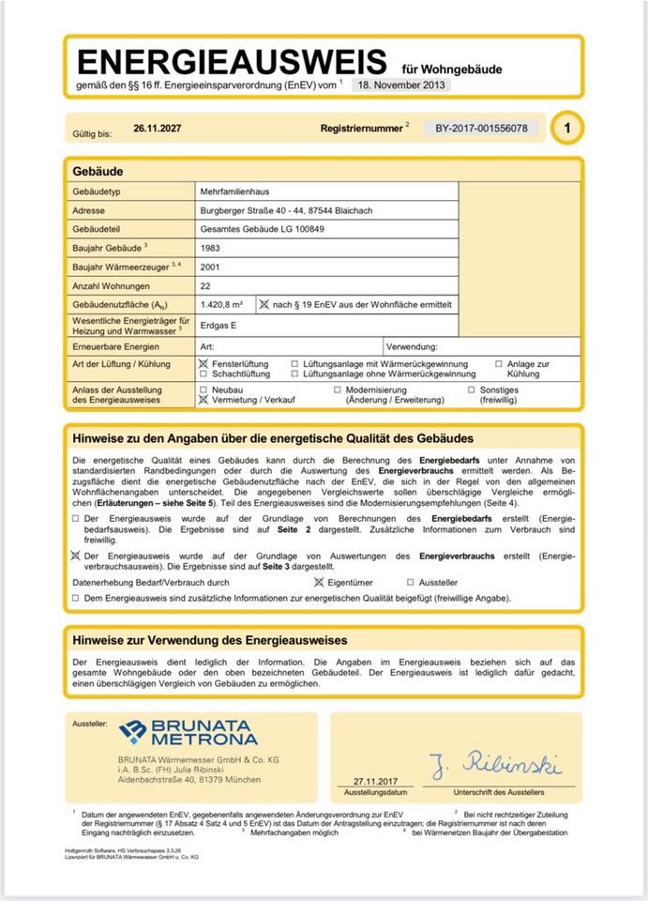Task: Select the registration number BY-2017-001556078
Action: [481, 128]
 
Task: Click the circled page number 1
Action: [566, 128]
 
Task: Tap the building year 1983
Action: [211, 248]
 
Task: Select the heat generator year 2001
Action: [211, 267]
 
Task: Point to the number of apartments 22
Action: [206, 285]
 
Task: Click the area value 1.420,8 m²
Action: [222, 304]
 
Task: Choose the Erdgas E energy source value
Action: [219, 325]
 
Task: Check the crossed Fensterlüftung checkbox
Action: [203, 363]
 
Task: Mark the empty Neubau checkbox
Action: [203, 389]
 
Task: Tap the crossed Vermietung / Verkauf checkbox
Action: [203, 399]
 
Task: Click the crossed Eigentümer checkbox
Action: [318, 583]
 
